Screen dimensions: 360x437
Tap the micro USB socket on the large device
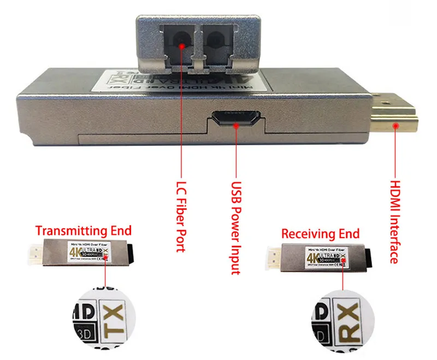point(236,118)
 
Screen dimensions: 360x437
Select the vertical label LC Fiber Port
point(181,216)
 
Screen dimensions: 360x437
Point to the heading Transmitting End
point(84,230)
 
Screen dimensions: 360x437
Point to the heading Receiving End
point(321,234)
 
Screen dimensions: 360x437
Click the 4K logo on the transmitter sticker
point(74,252)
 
